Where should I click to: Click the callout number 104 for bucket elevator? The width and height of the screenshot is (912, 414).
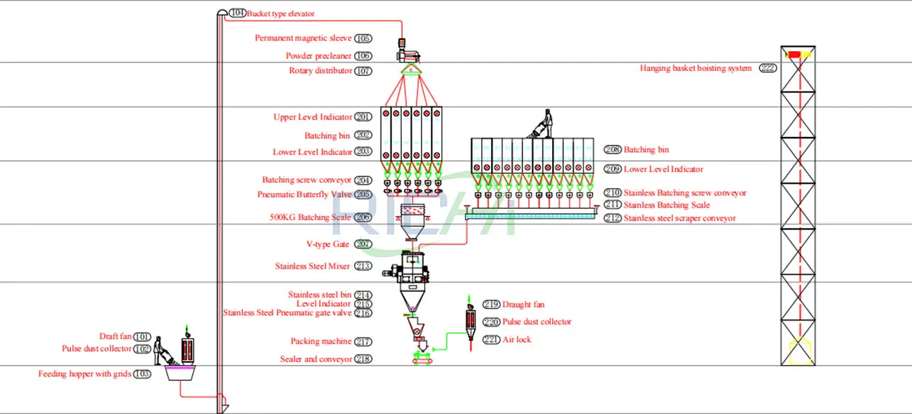pos(238,13)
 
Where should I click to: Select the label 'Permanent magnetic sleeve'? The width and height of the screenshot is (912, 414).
pos(304,38)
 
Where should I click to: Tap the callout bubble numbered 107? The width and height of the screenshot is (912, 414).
pos(363,71)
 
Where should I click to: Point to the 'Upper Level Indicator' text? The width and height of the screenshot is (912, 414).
pos(312,117)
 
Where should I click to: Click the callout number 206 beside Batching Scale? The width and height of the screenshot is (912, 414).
pos(363,217)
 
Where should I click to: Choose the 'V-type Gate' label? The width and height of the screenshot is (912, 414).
pos(329,244)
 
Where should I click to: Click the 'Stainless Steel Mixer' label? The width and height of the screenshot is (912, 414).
pos(312,267)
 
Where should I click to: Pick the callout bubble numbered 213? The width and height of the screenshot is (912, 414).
pos(363,267)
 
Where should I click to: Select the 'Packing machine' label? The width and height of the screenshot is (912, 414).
pos(321,342)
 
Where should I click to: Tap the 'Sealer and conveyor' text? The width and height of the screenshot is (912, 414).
pos(316,359)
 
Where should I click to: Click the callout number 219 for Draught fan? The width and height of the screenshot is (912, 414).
pos(491,305)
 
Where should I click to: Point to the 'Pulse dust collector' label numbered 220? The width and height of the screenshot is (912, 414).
pos(537,322)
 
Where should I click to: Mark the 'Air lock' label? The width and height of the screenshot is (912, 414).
pos(517,339)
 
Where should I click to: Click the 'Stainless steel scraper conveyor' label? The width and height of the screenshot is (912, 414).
pos(679,219)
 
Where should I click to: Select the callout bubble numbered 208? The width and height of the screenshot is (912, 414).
pos(612,150)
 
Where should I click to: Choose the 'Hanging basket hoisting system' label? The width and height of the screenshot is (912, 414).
pos(696,69)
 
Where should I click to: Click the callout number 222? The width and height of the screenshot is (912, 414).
pos(768,69)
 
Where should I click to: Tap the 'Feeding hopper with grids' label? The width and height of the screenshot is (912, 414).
pos(84,374)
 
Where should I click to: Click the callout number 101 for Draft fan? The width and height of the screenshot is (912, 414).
pos(143,337)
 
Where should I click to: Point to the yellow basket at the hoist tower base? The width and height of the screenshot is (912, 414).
pos(800,351)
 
